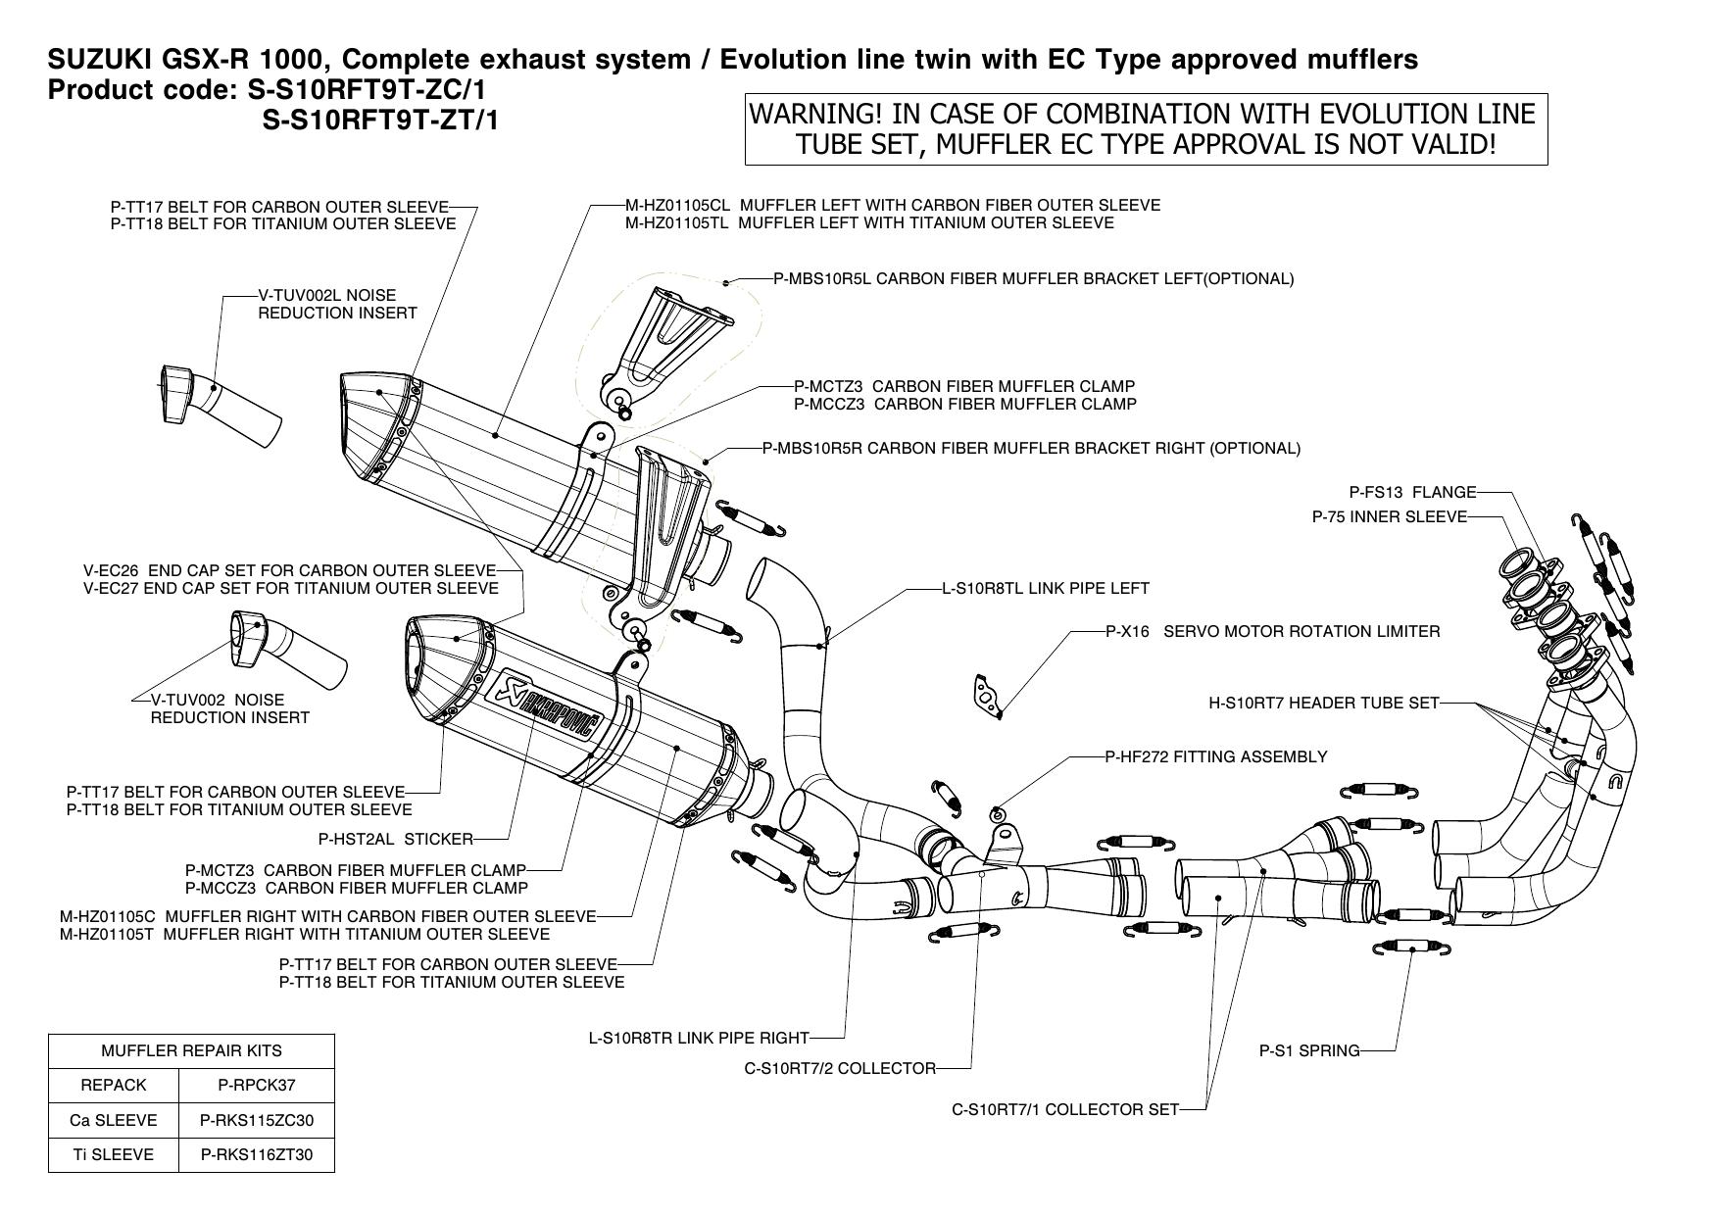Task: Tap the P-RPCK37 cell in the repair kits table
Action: pos(257,1085)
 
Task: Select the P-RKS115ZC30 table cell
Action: pos(257,1120)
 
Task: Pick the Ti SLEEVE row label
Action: pos(114,1154)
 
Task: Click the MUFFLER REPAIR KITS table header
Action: pos(191,1050)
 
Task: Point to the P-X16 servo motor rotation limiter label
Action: pos(1272,632)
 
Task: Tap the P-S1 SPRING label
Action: pos(1308,1051)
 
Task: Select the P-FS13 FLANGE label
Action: pos(1412,493)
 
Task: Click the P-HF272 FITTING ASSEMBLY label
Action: pos(1215,756)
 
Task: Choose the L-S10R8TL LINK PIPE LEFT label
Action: pos(1045,589)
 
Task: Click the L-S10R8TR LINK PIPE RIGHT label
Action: pos(699,1038)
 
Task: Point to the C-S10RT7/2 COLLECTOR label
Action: pos(840,1068)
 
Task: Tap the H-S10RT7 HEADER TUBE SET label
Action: pos(1323,703)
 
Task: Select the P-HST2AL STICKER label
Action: pos(395,839)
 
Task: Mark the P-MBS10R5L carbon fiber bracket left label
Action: pos(1033,279)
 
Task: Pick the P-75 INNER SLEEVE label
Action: pos(1389,517)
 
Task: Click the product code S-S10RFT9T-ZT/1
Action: pos(380,121)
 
